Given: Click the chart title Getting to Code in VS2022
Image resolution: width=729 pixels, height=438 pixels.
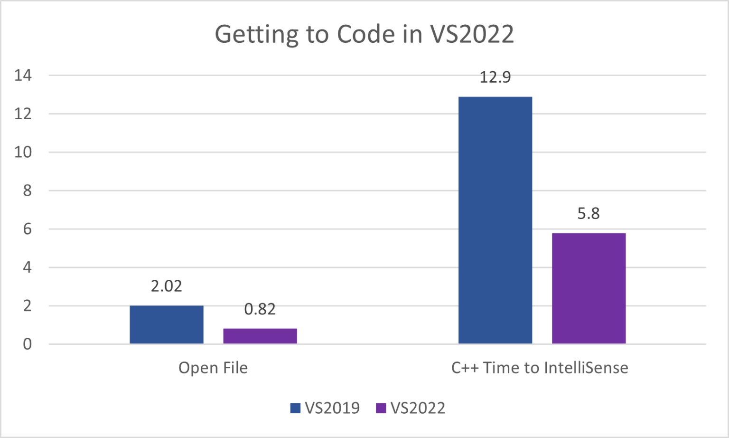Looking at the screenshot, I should pyautogui.click(x=364, y=34).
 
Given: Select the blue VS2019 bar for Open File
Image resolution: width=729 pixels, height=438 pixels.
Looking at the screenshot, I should pyautogui.click(x=167, y=324).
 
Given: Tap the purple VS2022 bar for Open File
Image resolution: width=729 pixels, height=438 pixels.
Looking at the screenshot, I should pyautogui.click(x=260, y=336).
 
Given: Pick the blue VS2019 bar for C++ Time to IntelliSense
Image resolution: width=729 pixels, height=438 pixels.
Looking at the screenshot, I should pyautogui.click(x=495, y=220).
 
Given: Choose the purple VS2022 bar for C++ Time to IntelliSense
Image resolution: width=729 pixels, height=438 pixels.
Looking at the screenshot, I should pyautogui.click(x=589, y=288).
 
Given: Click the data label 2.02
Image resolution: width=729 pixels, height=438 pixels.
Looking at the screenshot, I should pyautogui.click(x=167, y=286).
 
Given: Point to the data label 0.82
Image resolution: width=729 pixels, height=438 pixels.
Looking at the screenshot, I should pyautogui.click(x=260, y=309).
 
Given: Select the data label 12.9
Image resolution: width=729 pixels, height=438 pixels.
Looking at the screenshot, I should pyautogui.click(x=495, y=77).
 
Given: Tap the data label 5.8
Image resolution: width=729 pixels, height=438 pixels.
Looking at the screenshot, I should pyautogui.click(x=589, y=214).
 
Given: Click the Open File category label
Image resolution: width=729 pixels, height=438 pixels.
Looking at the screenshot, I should pyautogui.click(x=213, y=368).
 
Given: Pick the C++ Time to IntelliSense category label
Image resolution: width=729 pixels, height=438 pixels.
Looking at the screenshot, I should pyautogui.click(x=540, y=368).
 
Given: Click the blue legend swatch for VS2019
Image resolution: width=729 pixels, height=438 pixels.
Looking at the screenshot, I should pyautogui.click(x=295, y=408).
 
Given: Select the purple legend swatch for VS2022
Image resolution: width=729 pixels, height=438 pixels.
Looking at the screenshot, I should pyautogui.click(x=381, y=408).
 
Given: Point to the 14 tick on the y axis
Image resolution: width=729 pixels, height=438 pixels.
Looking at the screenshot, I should pyautogui.click(x=23, y=75).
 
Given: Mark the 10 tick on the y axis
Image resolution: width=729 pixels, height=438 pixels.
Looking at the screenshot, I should pyautogui.click(x=23, y=152).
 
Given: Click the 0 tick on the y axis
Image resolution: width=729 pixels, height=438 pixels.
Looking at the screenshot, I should pyautogui.click(x=27, y=344).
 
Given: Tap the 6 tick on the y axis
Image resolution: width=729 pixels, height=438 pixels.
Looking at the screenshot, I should pyautogui.click(x=27, y=229).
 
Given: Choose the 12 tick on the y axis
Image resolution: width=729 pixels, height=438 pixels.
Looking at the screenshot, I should pyautogui.click(x=23, y=114).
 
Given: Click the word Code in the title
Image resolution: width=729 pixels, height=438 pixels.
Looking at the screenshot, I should pyautogui.click(x=366, y=34).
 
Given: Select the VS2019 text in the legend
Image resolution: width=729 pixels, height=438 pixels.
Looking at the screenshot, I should pyautogui.click(x=332, y=408).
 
